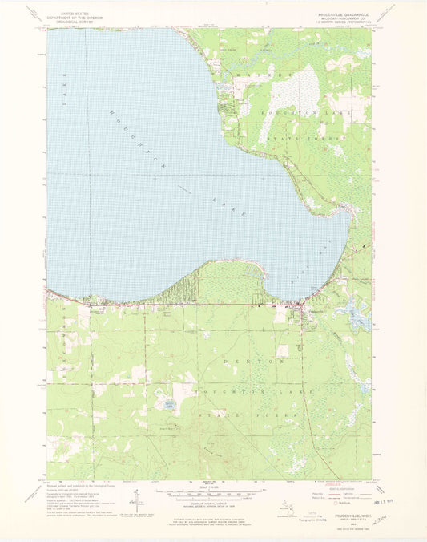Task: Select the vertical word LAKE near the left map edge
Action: (x=60, y=80)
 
